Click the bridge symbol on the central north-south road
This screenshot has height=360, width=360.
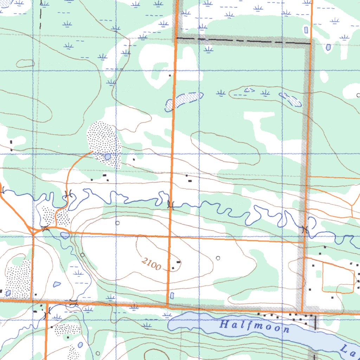(x=171, y=205)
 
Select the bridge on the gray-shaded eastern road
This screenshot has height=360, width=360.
(x=304, y=229)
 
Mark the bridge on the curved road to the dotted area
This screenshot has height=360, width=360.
(x=68, y=194)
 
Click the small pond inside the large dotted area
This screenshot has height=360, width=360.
(x=108, y=156)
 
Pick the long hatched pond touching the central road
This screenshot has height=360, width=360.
(x=184, y=100)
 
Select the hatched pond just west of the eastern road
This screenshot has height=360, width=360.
(x=290, y=99)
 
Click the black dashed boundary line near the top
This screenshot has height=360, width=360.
(x=243, y=40)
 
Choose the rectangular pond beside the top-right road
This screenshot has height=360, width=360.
(x=306, y=30)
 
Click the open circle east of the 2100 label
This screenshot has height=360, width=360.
(x=218, y=258)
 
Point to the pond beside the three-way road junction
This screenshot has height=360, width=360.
(x=65, y=235)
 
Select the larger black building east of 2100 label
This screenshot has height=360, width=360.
(x=179, y=262)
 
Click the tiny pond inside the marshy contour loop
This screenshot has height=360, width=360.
(x=249, y=90)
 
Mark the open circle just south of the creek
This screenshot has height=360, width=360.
(x=117, y=223)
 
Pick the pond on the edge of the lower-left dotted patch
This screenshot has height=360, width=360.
(x=8, y=293)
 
